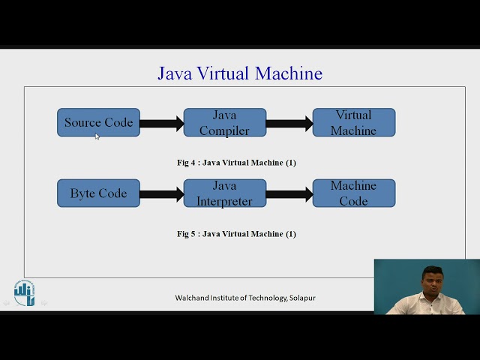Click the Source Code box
(98, 122)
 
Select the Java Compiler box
(225, 122)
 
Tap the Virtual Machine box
(353, 122)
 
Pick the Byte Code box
(98, 193)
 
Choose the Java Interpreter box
(225, 193)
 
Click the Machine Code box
(353, 193)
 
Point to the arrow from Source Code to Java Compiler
(161, 124)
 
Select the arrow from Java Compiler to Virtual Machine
(289, 124)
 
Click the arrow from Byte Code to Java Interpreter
(161, 194)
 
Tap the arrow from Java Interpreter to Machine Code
(289, 194)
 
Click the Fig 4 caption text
(236, 163)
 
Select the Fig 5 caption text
(236, 234)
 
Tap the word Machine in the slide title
(289, 73)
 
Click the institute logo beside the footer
(24, 292)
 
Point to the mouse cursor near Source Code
(97, 136)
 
